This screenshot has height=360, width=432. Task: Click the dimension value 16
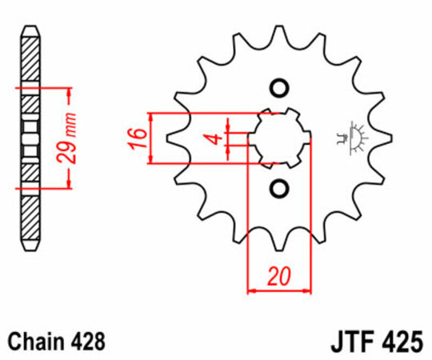point(138,138)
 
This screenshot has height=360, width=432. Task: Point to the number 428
point(86,342)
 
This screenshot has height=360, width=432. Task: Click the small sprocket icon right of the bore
point(354,138)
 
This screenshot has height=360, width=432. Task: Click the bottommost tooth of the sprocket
point(279,238)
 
